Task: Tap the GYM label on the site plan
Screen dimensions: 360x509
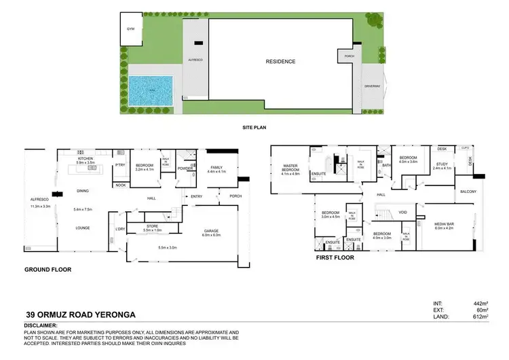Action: [x=130, y=29]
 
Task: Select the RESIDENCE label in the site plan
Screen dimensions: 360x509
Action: [x=280, y=62]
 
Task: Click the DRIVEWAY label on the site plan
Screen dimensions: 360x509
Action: [x=371, y=86]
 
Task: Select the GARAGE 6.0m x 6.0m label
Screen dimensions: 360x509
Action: [x=211, y=232]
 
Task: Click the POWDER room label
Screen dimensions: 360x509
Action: [x=184, y=169]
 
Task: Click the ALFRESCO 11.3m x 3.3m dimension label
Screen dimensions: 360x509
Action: [x=40, y=203]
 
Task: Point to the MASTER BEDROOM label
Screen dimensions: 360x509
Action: [x=290, y=170]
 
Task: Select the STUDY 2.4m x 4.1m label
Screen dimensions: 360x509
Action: [x=442, y=166]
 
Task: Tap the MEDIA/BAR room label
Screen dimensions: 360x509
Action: [x=447, y=226]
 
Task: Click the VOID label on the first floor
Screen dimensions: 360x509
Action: [x=402, y=212]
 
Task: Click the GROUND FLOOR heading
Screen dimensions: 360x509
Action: [x=48, y=270]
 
